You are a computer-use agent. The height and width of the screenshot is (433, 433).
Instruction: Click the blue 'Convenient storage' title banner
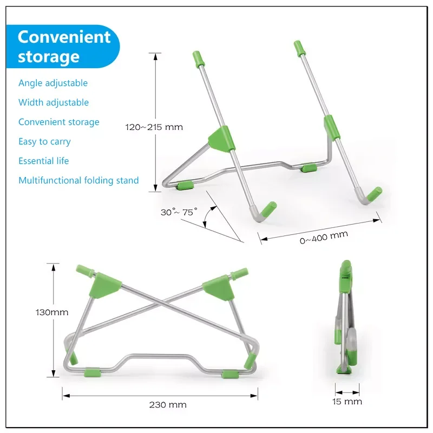tap(63, 47)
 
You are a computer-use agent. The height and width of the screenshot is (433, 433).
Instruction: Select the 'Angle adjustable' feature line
tap(53, 83)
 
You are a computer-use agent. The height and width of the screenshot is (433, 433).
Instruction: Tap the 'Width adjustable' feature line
tap(54, 102)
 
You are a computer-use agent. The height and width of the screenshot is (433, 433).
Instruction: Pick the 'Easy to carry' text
tap(44, 141)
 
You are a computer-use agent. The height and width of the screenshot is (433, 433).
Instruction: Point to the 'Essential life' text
tap(44, 161)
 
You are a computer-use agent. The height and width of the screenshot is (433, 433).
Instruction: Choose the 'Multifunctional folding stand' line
tap(78, 180)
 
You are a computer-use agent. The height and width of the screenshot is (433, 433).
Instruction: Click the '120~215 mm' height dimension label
tap(154, 127)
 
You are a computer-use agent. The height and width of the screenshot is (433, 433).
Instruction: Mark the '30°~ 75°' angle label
tap(179, 212)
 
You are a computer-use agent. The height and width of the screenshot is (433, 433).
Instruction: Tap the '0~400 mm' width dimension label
tap(324, 238)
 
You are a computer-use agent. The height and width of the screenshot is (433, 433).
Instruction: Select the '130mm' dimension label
tap(52, 312)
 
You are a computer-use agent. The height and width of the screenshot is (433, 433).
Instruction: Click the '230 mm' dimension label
tap(168, 405)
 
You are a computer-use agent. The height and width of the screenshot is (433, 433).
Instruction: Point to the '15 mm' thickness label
tap(347, 402)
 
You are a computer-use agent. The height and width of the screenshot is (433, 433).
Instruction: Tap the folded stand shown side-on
tap(345, 317)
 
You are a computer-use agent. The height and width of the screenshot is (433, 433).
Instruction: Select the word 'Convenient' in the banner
tap(64, 37)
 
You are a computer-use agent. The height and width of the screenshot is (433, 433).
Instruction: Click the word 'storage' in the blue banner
tap(49, 57)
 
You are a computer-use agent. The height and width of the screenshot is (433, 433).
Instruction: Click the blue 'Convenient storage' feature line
tap(59, 122)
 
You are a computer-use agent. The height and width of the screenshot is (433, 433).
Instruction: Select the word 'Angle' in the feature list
tap(31, 83)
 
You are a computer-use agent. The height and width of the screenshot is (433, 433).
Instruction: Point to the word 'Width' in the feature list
tap(31, 102)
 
